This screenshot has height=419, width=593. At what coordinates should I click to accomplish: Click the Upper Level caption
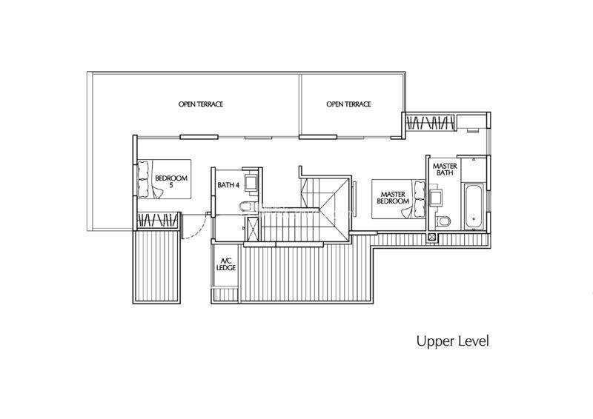pos(452,341)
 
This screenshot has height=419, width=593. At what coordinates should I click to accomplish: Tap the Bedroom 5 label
pos(171,181)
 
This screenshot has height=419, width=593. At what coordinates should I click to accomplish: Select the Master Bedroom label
pos(393,198)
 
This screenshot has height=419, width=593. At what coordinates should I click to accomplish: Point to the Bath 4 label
pos(228,185)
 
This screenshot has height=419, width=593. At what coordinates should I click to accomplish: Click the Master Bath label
pos(445,170)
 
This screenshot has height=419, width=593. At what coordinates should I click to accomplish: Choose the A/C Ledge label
pos(226,264)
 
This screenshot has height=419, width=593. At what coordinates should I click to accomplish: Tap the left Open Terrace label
pos(201,104)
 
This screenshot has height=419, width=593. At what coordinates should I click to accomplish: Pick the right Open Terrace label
pos(348,104)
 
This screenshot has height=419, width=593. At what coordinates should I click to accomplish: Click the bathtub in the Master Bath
pos(473,207)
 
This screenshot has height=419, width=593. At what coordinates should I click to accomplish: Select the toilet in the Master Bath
pos(443,221)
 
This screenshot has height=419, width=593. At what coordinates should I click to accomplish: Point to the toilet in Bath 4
pos(245,207)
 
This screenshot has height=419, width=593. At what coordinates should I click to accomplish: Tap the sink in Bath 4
pos(251,184)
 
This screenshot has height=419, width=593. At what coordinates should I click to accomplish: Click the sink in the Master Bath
pos(435,197)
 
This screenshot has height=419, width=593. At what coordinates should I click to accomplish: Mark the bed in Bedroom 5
pos(164,179)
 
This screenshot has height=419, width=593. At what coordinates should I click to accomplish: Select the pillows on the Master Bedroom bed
pos(420,199)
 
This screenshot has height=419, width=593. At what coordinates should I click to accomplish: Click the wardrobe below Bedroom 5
pos(157,220)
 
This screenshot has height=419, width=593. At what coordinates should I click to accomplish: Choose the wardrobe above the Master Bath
pos(430,123)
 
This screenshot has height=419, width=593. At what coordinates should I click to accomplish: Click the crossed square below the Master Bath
pos(432,238)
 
